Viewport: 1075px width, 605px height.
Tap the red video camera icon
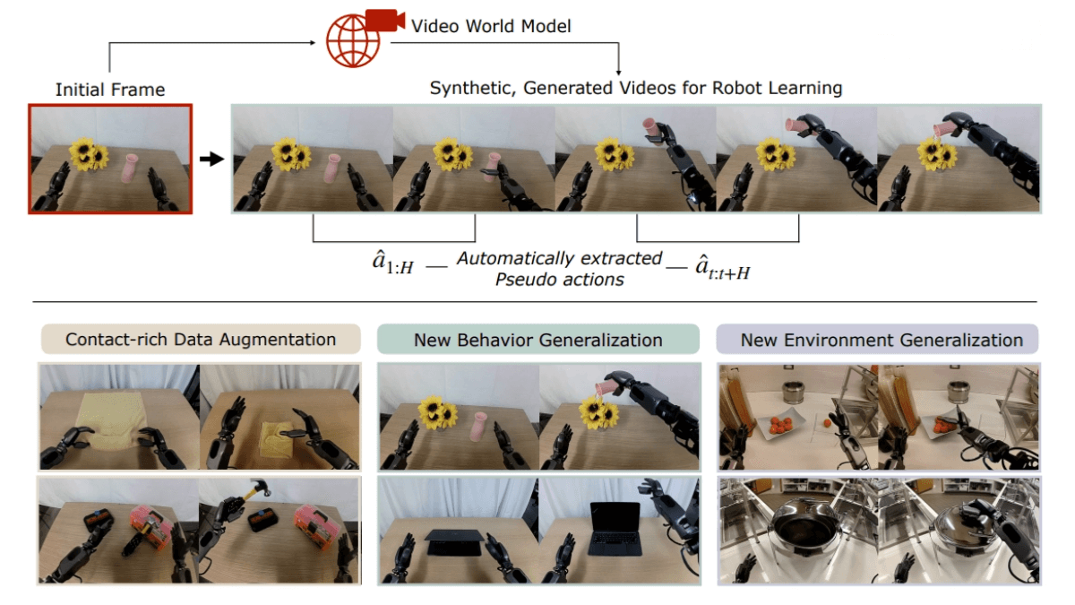384,21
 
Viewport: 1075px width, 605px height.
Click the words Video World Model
491,27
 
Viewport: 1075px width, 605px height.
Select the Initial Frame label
110,89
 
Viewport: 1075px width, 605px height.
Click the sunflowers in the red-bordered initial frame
88,154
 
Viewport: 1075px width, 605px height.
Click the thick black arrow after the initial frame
211,160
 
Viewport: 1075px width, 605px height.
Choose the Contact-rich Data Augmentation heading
201,340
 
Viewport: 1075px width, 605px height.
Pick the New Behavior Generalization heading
538,340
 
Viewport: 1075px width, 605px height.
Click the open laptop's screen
615,518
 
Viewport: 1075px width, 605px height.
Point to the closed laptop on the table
455,537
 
